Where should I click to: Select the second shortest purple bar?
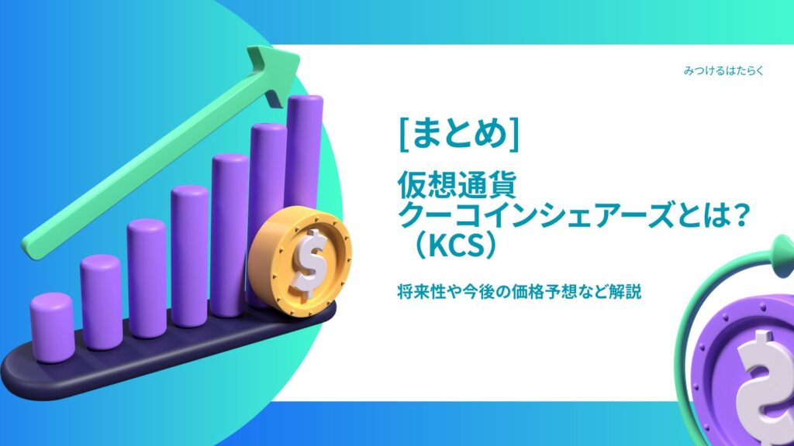pyautogui.click(x=101, y=301)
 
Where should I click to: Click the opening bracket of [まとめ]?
pyautogui.click(x=404, y=134)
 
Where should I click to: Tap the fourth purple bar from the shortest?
pyautogui.click(x=189, y=256)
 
